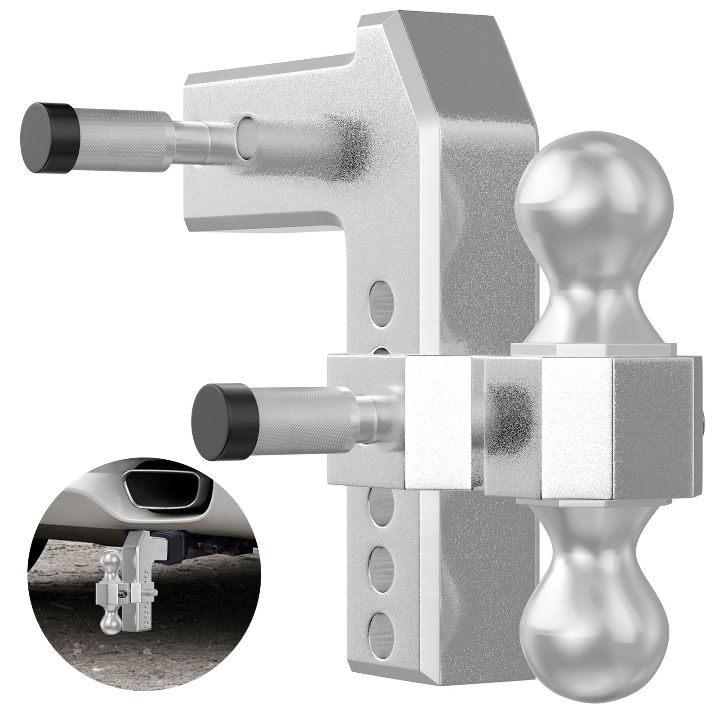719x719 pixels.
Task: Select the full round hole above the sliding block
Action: pos(380,297)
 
